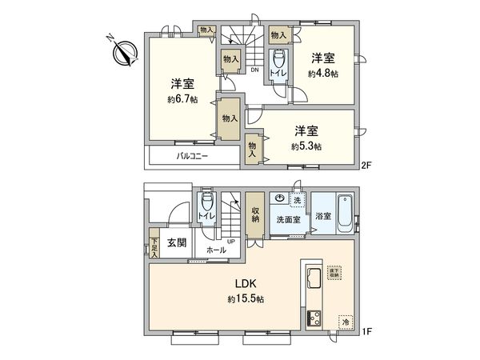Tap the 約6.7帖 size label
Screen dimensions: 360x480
coord(182,100)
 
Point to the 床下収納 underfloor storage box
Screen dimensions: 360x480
coord(334,272)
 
